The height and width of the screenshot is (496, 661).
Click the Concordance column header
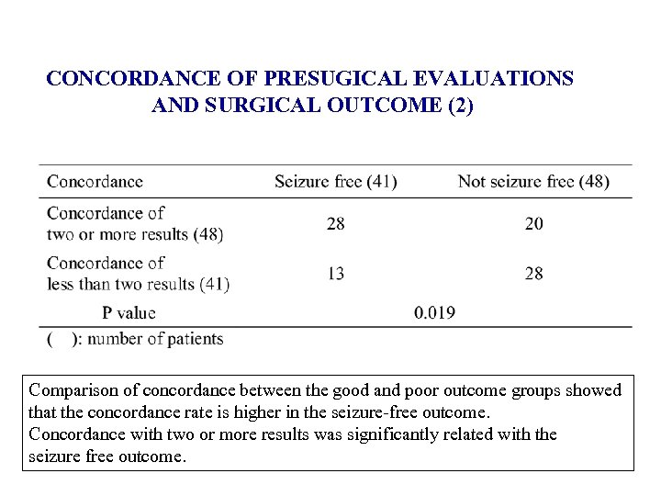coord(95,181)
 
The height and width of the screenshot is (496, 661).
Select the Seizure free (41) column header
coord(335,181)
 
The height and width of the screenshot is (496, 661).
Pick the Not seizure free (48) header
coord(533,181)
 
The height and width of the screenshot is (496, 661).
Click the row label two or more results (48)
coord(135,233)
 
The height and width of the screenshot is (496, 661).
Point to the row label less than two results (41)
coord(138,284)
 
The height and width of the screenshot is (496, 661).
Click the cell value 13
coord(336,273)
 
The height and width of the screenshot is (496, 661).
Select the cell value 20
coord(533,223)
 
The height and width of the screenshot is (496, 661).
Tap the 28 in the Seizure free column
coord(336,223)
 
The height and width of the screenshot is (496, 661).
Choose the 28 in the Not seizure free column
coord(533,273)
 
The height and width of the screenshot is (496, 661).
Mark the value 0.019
coord(434,312)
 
